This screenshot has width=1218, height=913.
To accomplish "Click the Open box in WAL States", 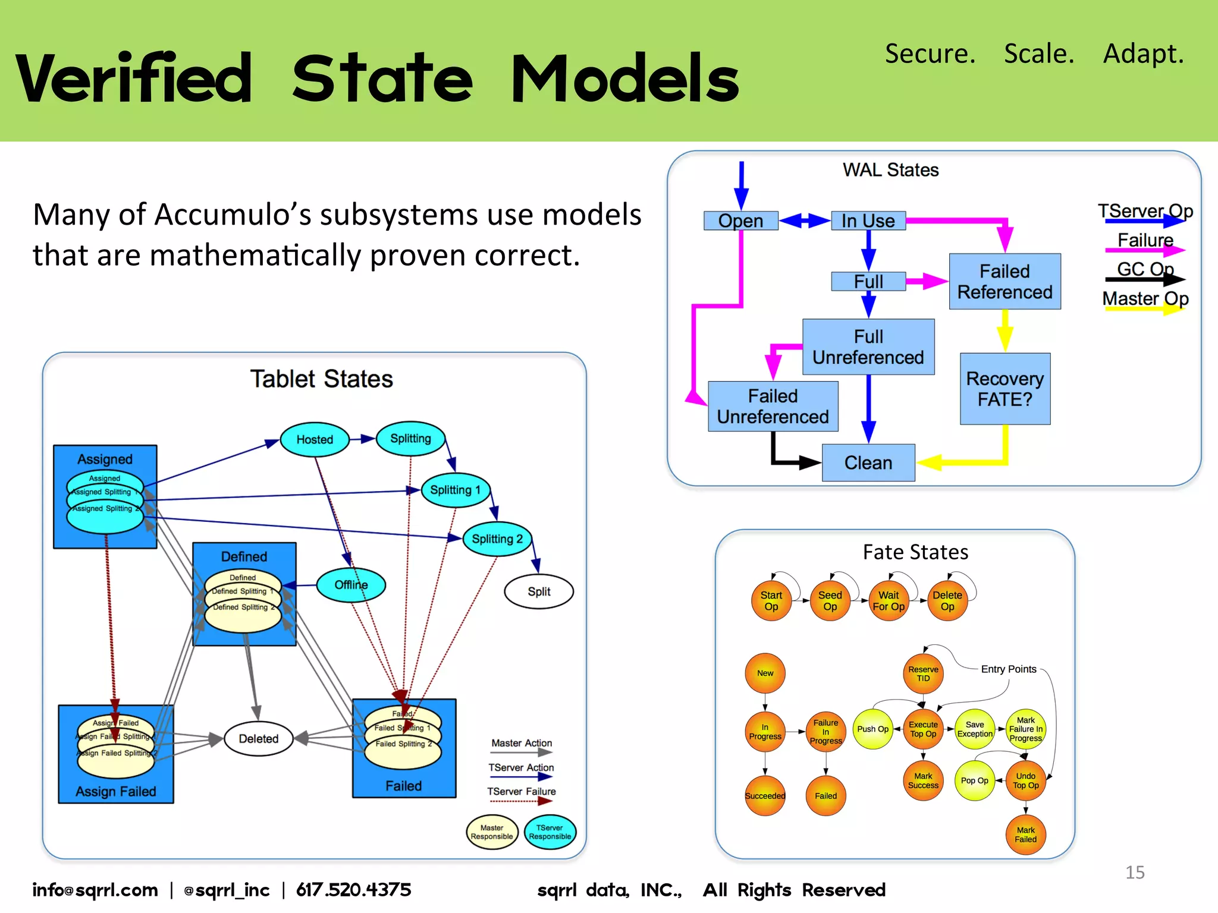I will click(740, 221).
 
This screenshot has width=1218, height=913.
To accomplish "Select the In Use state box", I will click(868, 221).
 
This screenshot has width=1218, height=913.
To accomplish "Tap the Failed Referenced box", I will click(1004, 282).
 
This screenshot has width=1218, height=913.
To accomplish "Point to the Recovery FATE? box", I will click(1004, 389).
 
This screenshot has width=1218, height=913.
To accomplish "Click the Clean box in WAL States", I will click(868, 462).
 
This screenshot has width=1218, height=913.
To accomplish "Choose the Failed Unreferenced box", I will click(773, 407).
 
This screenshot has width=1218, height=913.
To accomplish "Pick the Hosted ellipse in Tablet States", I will click(315, 439).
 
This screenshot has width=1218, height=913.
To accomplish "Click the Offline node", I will click(351, 585).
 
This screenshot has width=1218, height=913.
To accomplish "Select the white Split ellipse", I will click(539, 591).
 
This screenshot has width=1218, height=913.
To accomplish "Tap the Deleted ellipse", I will click(259, 738).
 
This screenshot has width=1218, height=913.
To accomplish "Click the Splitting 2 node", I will click(497, 539).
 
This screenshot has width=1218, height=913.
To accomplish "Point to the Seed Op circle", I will click(830, 601).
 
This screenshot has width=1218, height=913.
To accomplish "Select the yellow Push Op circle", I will click(872, 729).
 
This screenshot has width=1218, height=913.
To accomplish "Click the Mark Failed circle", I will click(1025, 835).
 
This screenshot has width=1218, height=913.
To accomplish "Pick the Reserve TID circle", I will click(923, 673).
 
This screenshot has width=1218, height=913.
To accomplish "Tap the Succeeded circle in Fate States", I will click(765, 796).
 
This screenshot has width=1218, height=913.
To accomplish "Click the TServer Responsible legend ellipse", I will click(550, 832).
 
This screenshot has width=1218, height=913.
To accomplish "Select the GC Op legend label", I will click(1145, 269).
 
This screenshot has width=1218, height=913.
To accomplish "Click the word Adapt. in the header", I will click(1143, 53).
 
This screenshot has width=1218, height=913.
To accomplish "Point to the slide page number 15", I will click(1135, 872).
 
